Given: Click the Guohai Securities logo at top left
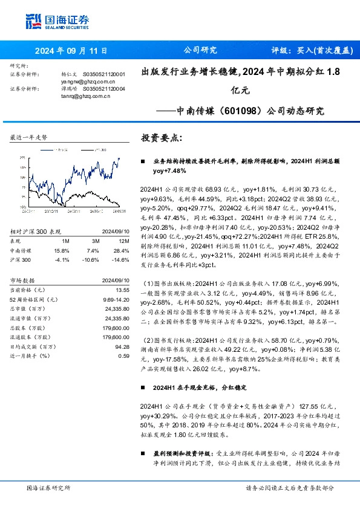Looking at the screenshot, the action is [x=55, y=21].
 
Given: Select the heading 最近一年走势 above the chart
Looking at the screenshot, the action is [x=28, y=138].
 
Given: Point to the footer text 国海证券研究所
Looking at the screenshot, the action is [x=48, y=488].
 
